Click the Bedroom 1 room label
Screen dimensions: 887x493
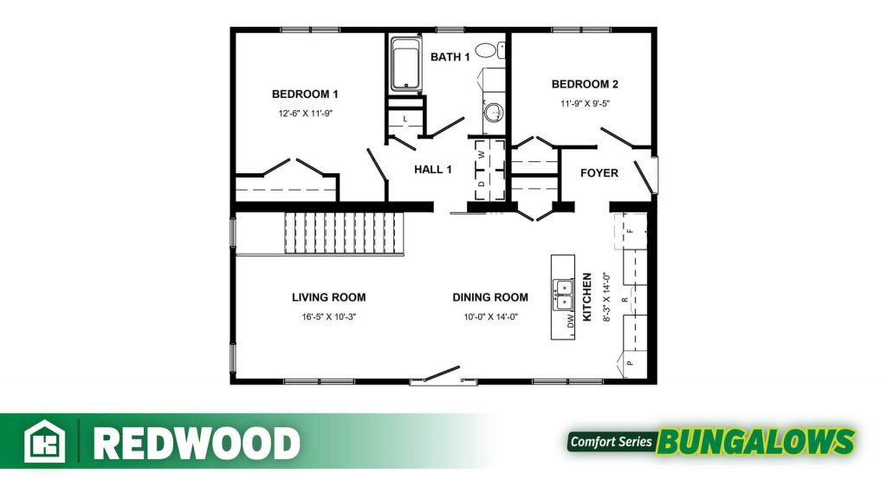pyautogui.click(x=305, y=94)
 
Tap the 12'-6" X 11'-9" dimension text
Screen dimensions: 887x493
pyautogui.click(x=305, y=114)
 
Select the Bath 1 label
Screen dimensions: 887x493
pyautogui.click(x=450, y=56)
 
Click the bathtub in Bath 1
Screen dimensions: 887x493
pyautogui.click(x=405, y=64)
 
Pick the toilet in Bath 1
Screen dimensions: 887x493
pyautogui.click(x=489, y=50)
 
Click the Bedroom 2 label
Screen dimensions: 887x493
pyautogui.click(x=585, y=84)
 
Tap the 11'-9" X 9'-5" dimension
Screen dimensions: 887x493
pyautogui.click(x=585, y=104)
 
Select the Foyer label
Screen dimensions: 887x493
pyautogui.click(x=599, y=173)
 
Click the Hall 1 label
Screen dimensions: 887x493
pyautogui.click(x=433, y=169)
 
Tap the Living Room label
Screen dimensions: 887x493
pyautogui.click(x=328, y=297)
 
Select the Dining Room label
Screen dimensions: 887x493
pyautogui.click(x=490, y=297)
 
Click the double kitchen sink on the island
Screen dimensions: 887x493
pyautogui.click(x=563, y=295)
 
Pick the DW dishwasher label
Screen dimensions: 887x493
pyautogui.click(x=571, y=321)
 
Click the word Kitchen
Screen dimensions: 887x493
pyautogui.click(x=587, y=296)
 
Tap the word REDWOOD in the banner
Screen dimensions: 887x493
pyautogui.click(x=197, y=443)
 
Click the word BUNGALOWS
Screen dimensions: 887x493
pyautogui.click(x=755, y=442)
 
